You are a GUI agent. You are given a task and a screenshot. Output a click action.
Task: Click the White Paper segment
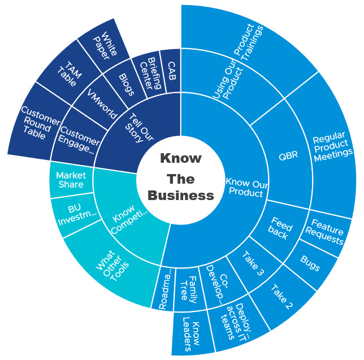[x=105, y=45]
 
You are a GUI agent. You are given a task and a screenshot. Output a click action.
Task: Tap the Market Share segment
[x=71, y=180]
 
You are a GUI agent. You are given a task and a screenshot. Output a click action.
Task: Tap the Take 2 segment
[x=281, y=293]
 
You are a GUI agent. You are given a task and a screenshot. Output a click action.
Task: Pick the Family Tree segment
[x=188, y=290]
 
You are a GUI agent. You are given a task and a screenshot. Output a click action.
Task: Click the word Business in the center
[x=181, y=196]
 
